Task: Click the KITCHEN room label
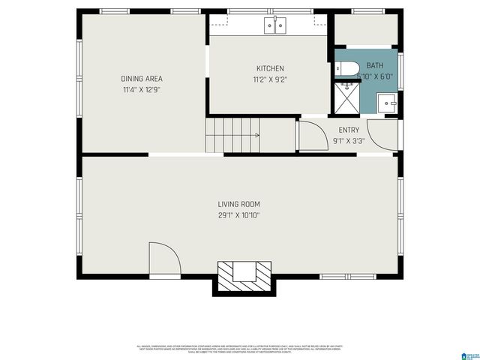coord(270,68)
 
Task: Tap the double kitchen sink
coord(275,26)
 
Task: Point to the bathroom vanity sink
coord(387,103)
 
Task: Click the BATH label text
coord(374,65)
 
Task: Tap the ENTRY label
coord(349,130)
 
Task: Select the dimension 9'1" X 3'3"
coord(349,140)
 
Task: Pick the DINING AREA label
coord(142,79)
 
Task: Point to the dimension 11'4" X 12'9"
coord(142,89)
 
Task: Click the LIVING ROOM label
coord(238,204)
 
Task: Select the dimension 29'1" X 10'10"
coord(238,215)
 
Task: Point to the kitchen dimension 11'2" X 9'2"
coord(270,79)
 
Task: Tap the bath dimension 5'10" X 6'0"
coord(374,76)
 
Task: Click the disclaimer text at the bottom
coord(240,349)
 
